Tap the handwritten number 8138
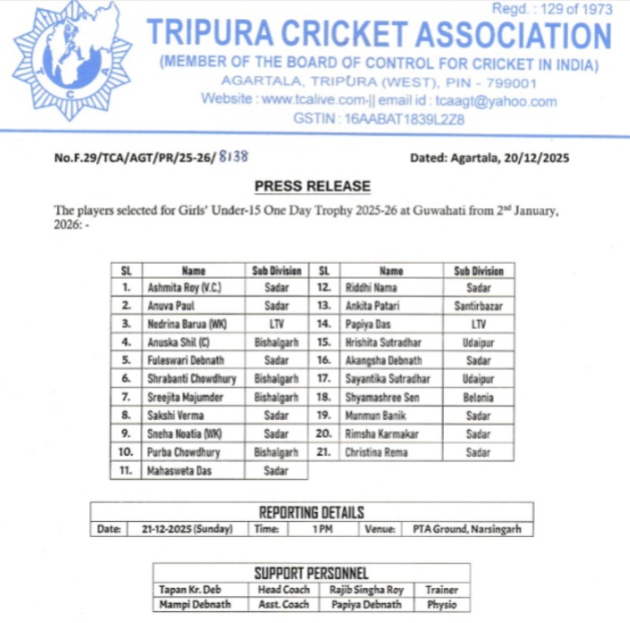point(234,156)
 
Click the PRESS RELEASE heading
point(312,186)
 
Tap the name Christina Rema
point(376,452)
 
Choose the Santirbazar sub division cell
point(478,306)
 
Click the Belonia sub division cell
point(478,398)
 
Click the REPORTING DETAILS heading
point(311,512)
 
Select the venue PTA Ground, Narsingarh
point(465,529)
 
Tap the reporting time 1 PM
point(322,529)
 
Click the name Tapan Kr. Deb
point(189,590)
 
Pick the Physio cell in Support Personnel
point(441,605)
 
